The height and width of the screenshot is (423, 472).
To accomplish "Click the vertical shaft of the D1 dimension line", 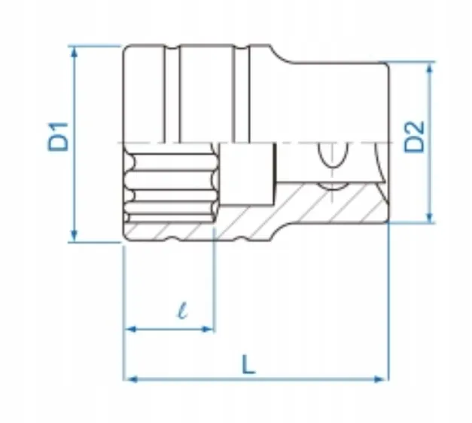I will [74, 189].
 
